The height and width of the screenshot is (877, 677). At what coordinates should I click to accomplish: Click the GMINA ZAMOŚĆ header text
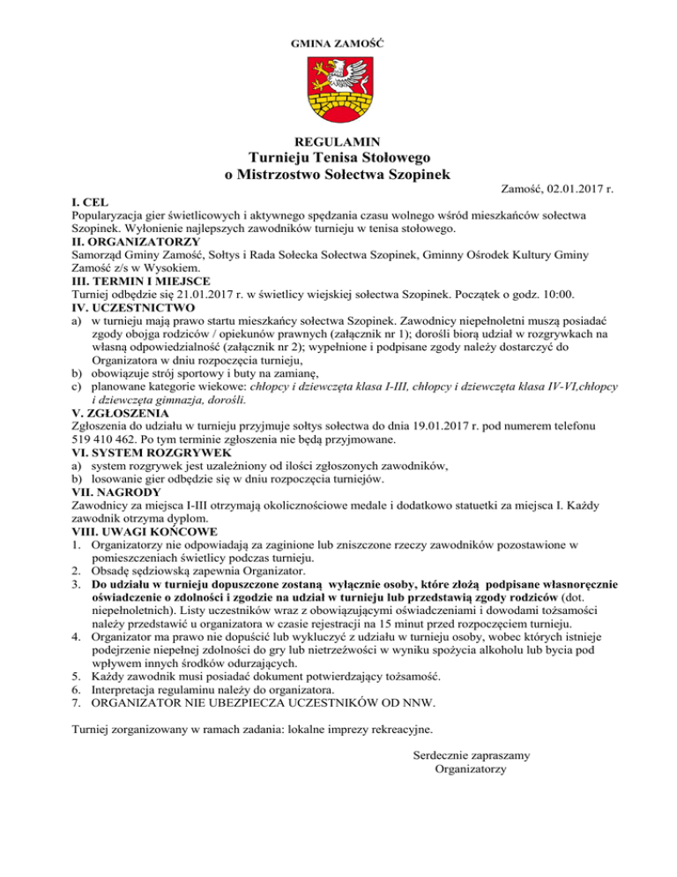[338, 43]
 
